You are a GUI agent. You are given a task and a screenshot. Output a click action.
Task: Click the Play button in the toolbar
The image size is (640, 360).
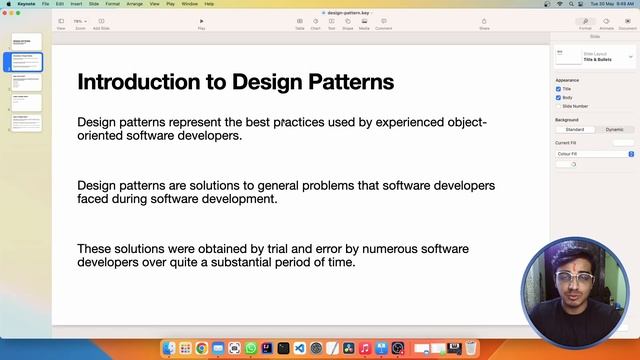(x=201, y=22)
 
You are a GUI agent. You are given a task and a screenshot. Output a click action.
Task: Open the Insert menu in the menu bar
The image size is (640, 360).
(x=76, y=4)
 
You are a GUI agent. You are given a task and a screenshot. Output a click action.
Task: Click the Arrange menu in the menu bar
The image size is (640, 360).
(x=134, y=4)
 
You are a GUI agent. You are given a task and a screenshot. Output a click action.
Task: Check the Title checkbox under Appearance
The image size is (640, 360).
(x=558, y=88)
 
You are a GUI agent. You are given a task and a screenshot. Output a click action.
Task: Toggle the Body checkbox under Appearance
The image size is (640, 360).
(x=558, y=97)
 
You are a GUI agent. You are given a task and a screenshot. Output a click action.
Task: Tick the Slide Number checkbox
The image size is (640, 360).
(x=558, y=105)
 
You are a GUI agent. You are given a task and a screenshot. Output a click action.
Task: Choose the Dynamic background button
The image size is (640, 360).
(x=614, y=129)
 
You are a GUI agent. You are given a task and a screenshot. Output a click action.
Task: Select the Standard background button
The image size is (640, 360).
(x=575, y=129)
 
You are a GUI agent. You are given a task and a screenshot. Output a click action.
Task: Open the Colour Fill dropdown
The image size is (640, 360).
(x=594, y=154)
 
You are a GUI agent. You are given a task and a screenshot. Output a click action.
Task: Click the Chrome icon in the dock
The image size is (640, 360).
(x=202, y=348)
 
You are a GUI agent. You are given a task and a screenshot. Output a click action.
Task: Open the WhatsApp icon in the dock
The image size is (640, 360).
(x=250, y=348)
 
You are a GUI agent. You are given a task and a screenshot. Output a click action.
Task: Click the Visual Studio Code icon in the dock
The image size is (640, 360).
(x=299, y=348)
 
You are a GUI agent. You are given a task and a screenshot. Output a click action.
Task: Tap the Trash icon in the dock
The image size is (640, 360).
(x=471, y=348)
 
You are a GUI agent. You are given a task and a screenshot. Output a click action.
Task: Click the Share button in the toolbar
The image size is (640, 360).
(x=484, y=22)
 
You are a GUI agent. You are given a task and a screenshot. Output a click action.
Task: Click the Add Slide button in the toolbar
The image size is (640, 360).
(x=101, y=22)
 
